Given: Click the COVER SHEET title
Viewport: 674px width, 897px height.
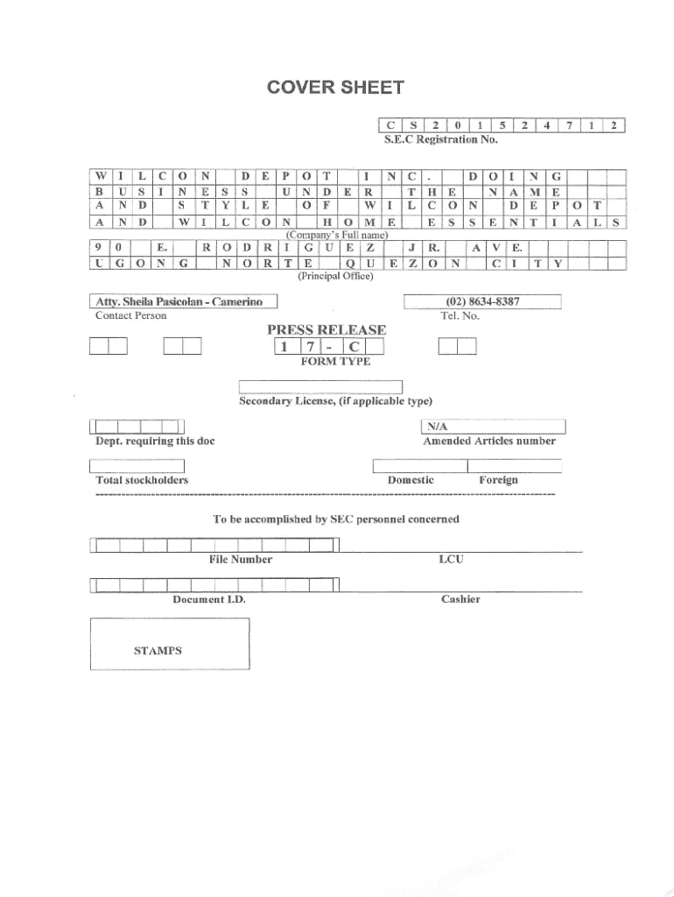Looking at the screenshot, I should click(x=336, y=88).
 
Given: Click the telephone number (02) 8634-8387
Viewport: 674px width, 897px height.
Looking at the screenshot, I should click(x=482, y=302).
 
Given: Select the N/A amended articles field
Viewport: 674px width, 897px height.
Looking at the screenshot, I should click(x=495, y=427).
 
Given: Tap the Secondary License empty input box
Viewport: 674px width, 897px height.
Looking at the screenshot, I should click(x=321, y=387).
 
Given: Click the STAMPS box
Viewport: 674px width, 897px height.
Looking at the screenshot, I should click(x=170, y=644).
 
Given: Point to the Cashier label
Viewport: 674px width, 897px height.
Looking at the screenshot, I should click(x=460, y=599).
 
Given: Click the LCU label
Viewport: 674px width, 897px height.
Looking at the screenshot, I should click(x=450, y=559).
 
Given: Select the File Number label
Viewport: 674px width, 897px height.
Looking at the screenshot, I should click(x=240, y=559).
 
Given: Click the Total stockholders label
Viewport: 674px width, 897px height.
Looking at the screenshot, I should click(x=142, y=480).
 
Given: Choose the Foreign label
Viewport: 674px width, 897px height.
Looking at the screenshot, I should click(x=498, y=480).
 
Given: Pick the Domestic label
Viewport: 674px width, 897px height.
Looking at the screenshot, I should click(x=411, y=480).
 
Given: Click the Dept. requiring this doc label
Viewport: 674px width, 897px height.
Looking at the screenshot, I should click(x=155, y=441).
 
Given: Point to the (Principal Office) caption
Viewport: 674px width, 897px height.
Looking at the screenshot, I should click(x=336, y=276).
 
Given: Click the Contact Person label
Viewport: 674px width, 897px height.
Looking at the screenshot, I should click(x=130, y=315).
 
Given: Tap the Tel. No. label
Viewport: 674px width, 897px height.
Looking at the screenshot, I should click(x=460, y=315).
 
